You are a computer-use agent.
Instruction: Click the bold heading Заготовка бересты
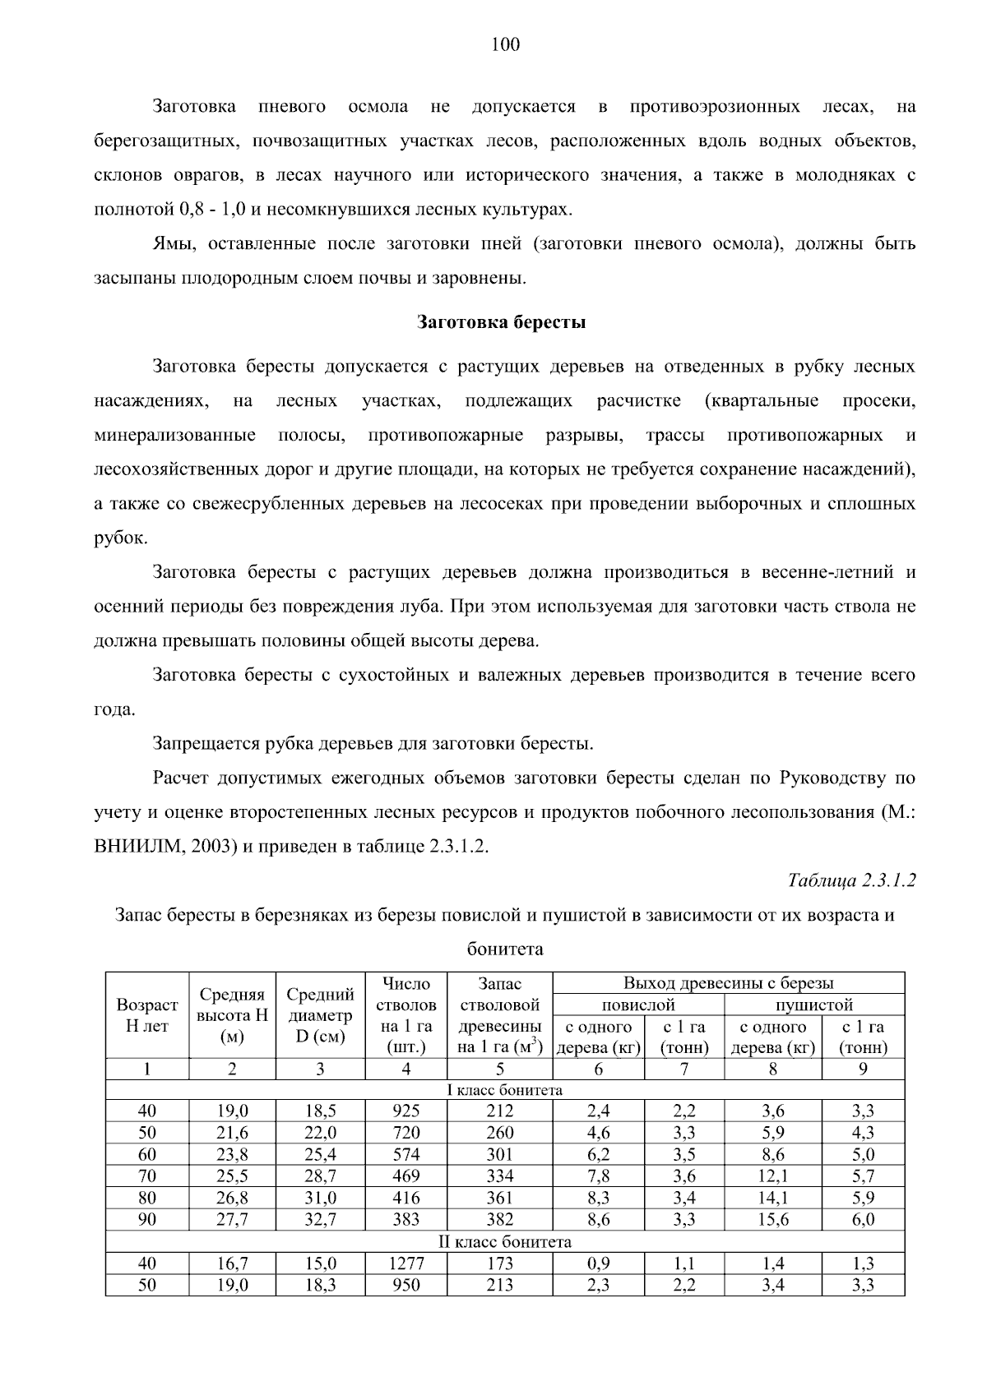point(502,321)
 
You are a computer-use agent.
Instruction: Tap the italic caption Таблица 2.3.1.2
point(851,880)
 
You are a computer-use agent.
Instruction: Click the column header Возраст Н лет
point(147,1015)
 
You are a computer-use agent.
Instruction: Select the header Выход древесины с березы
point(728,982)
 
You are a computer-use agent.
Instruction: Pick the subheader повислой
point(638,1005)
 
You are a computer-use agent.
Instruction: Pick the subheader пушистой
point(813,1005)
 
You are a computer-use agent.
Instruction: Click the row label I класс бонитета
point(504,1090)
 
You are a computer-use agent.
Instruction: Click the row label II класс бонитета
point(504,1242)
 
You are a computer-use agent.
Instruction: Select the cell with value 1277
point(405,1263)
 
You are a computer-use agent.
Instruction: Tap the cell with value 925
point(405,1111)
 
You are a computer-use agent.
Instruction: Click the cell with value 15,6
point(772,1220)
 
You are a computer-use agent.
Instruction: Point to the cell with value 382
point(499,1220)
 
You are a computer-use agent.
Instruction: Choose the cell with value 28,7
point(320,1176)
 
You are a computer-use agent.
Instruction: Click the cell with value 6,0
point(863,1220)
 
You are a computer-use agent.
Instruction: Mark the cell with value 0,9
point(598,1263)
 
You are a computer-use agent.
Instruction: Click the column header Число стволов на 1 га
point(405,1015)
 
